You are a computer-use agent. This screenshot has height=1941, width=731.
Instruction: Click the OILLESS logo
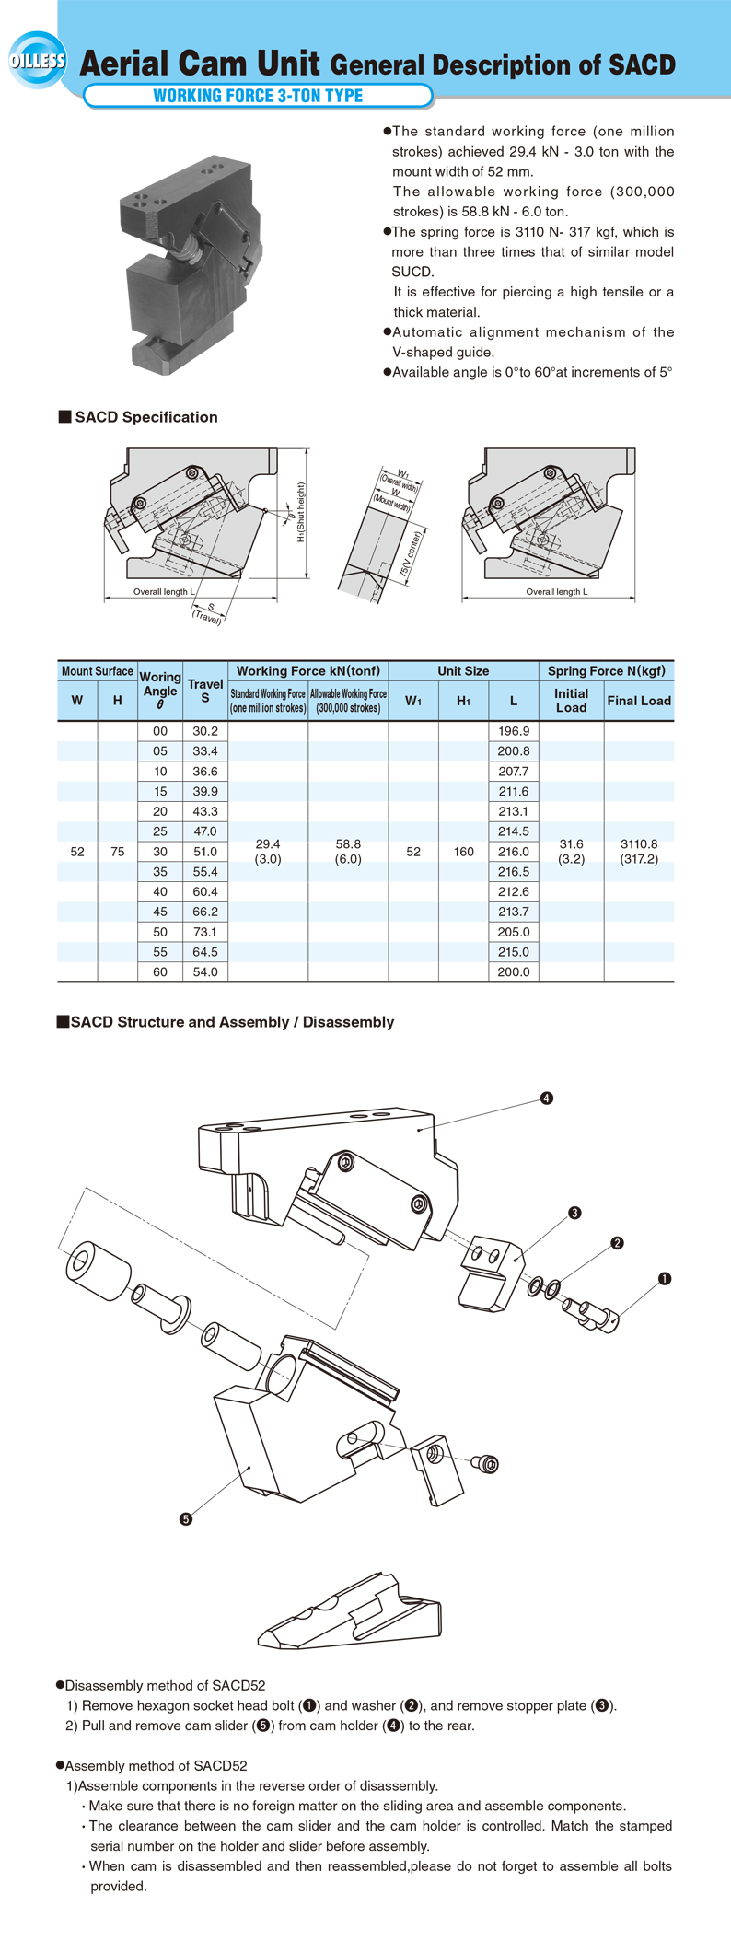(x=38, y=61)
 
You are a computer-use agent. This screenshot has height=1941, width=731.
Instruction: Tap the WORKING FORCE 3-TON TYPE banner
(x=258, y=96)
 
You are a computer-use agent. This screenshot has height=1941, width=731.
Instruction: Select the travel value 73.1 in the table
(x=205, y=932)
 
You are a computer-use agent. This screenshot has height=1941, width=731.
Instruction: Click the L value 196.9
(x=514, y=731)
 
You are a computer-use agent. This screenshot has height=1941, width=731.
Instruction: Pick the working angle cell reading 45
(x=160, y=912)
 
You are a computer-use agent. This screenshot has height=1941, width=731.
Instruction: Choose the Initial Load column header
(x=571, y=701)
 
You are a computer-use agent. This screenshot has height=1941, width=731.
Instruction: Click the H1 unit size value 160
(x=464, y=852)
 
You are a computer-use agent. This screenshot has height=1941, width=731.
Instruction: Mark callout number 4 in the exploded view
(x=547, y=1098)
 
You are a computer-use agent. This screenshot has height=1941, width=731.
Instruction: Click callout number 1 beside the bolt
(x=665, y=1278)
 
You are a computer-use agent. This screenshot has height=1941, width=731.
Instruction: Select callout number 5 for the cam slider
(x=186, y=1519)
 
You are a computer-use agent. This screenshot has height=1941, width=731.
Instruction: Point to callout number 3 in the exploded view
(x=574, y=1213)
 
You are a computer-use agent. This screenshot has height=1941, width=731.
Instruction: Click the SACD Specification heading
(x=145, y=417)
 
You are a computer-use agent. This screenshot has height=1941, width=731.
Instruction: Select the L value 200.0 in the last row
(x=514, y=972)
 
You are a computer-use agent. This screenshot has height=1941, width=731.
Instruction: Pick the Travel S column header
(x=205, y=691)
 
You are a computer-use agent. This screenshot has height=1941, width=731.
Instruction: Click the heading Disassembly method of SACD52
(x=165, y=1686)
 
